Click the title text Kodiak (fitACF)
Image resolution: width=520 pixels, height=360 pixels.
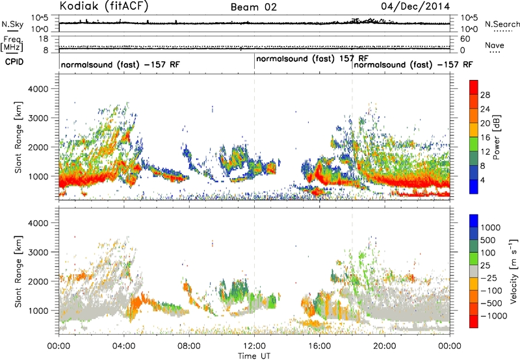pyautogui.click(x=104, y=6)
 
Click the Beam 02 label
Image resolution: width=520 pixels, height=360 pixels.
pyautogui.click(x=253, y=7)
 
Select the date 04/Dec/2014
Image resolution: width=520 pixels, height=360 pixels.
pyautogui.click(x=415, y=6)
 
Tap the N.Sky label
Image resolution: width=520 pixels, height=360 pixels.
pyautogui.click(x=12, y=24)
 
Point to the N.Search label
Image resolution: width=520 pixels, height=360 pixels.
pyautogui.click(x=502, y=24)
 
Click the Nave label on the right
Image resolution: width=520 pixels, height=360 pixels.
pyautogui.click(x=495, y=45)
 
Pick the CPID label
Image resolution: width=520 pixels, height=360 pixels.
pyautogui.click(x=14, y=62)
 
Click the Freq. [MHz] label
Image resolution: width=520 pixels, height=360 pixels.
pyautogui.click(x=12, y=44)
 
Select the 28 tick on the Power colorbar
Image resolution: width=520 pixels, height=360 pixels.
pyautogui.click(x=485, y=95)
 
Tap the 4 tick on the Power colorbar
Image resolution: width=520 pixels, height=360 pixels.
pyautogui.click(x=482, y=181)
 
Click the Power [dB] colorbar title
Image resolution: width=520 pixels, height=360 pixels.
pyautogui.click(x=497, y=137)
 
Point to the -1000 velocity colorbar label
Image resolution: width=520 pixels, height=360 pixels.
pyautogui.click(x=493, y=316)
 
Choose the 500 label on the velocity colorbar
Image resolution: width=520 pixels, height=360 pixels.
pyautogui.click(x=489, y=240)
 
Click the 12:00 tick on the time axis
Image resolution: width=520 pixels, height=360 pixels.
pyautogui.click(x=254, y=346)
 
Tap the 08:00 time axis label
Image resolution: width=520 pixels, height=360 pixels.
pyautogui.click(x=189, y=346)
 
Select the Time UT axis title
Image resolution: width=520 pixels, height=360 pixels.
pyautogui.click(x=254, y=356)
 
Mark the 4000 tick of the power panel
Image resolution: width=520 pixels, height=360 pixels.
pyautogui.click(x=38, y=89)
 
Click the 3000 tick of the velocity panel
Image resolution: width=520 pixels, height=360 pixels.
pyautogui.click(x=38, y=252)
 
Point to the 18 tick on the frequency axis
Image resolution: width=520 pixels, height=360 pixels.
pyautogui.click(x=44, y=39)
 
